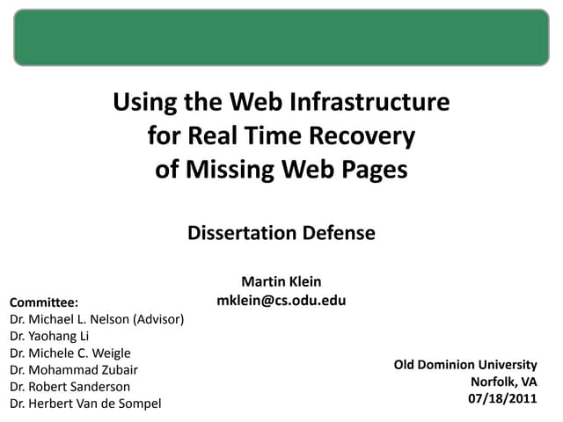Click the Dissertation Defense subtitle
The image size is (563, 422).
tap(281, 233)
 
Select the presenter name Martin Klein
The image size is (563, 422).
tap(281, 281)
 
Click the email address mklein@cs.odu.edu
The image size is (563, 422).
tap(281, 300)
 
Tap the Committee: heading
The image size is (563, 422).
tap(44, 302)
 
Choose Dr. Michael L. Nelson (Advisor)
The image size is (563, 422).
tap(96, 319)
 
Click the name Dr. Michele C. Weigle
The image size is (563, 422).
tap(69, 353)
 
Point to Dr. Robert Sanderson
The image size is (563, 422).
tap(69, 387)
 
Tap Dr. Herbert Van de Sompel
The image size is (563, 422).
tap(85, 404)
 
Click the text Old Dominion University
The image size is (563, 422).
tap(464, 364)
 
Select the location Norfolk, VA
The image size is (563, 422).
tap(504, 382)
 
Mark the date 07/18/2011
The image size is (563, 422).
tap(502, 398)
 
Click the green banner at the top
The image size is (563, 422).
tap(281, 38)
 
